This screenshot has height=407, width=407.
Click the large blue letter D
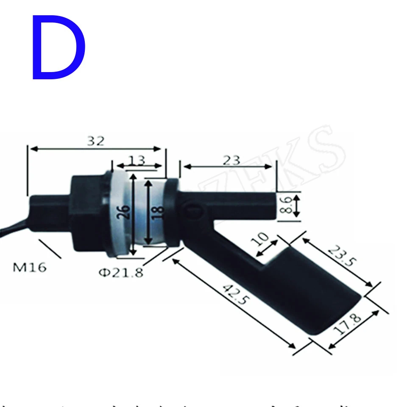tap(59, 47)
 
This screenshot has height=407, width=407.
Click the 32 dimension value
tap(95, 141)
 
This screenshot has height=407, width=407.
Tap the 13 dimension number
tap(137, 160)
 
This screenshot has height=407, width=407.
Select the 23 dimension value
tap(231, 160)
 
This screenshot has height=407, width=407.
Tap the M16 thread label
tap(30, 268)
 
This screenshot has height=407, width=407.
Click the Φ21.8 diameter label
tap(121, 272)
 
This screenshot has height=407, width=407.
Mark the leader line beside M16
tap(50, 248)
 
